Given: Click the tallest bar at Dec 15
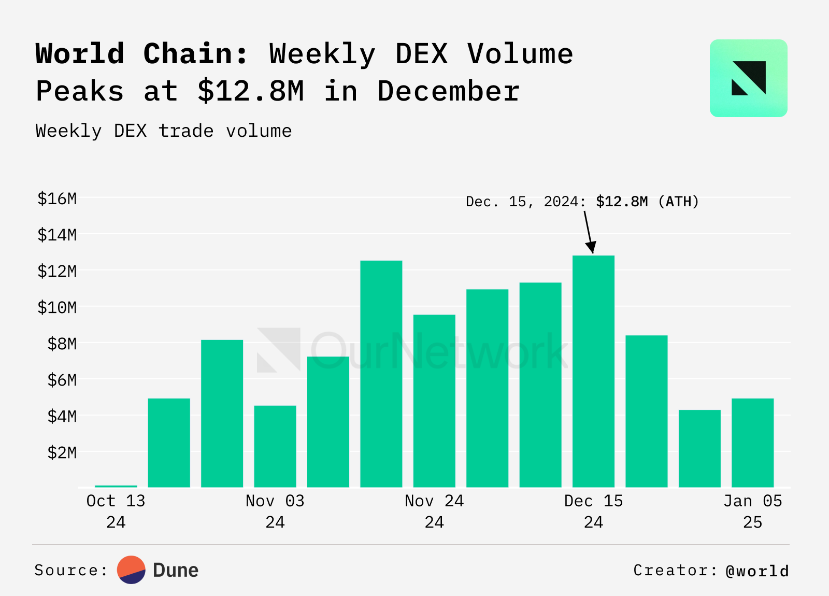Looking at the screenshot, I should click(593, 371).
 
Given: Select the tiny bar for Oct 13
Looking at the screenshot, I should click(116, 486).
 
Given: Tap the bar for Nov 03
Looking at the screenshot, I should click(275, 446).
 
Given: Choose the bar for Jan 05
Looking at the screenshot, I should click(752, 443).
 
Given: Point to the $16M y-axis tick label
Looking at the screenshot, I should click(57, 198).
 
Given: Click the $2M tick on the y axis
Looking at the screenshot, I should click(62, 452).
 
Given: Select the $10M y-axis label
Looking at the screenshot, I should click(57, 307).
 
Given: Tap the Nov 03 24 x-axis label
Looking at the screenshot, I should click(275, 511).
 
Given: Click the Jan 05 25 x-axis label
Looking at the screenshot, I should click(752, 511).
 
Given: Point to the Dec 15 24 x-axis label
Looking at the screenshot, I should click(593, 511).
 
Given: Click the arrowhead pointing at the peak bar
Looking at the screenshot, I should click(591, 247).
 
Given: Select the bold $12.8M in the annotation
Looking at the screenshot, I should click(622, 202).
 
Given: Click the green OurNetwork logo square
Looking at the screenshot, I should click(748, 78).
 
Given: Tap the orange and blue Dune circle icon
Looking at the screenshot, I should click(131, 570).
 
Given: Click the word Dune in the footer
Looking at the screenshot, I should click(176, 570).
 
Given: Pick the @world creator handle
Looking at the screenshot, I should click(757, 571).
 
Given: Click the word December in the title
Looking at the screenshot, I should click(448, 91).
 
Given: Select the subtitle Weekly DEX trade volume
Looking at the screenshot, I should click(164, 131).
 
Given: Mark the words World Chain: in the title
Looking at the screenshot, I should click(142, 54).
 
